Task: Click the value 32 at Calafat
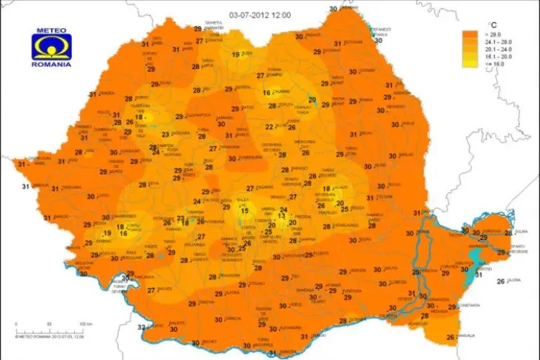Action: click(140, 328)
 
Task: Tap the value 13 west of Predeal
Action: click(282, 215)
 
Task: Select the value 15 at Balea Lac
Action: click(245, 211)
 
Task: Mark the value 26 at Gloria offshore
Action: click(500, 281)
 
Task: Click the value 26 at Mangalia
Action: click(450, 337)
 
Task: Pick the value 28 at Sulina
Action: click(508, 233)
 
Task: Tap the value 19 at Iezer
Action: click(235, 55)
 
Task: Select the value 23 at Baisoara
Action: click(166, 134)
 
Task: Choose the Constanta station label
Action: click(467, 306)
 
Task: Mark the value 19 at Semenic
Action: click(107, 233)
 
